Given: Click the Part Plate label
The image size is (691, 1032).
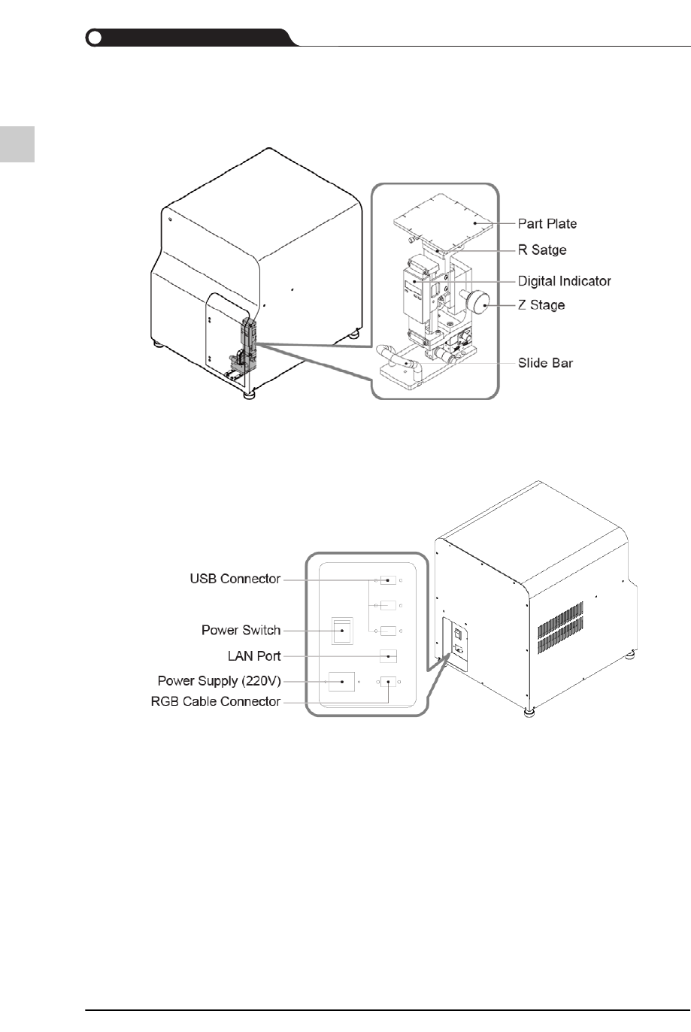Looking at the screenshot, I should pyautogui.click(x=547, y=223).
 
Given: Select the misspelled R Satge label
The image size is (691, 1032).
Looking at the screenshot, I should pyautogui.click(x=541, y=250).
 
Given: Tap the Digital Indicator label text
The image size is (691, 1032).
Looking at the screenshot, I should pyautogui.click(x=564, y=280).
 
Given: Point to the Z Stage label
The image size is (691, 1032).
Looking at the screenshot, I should pyautogui.click(x=541, y=304).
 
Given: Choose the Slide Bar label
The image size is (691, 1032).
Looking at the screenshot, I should pyautogui.click(x=545, y=363).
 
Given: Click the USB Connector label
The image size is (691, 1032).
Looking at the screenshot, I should pyautogui.click(x=235, y=579).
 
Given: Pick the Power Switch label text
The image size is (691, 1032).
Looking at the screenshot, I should pyautogui.click(x=241, y=630).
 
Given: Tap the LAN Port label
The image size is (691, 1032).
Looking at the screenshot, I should pyautogui.click(x=254, y=655).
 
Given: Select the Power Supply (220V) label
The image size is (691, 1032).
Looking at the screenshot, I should pyautogui.click(x=219, y=681).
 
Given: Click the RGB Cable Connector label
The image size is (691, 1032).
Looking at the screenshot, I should pyautogui.click(x=216, y=701).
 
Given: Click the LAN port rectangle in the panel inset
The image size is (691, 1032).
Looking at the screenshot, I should pyautogui.click(x=388, y=655).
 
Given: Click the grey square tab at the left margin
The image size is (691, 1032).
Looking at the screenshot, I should pyautogui.click(x=17, y=144).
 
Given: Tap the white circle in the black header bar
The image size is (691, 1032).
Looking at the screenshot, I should pyautogui.click(x=94, y=38).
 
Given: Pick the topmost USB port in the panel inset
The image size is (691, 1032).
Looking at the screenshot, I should pyautogui.click(x=388, y=580).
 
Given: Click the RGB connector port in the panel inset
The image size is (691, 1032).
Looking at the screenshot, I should pyautogui.click(x=388, y=682).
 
